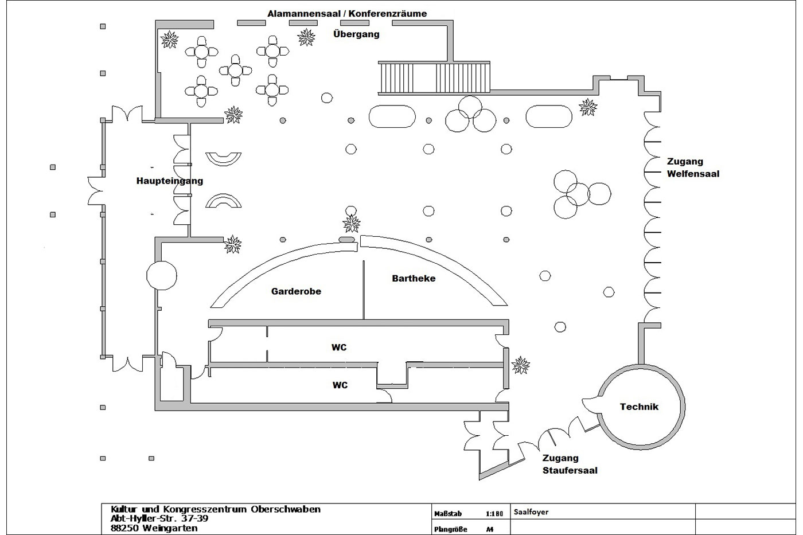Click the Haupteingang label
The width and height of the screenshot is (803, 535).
169,181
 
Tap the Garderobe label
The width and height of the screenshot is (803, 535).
296,291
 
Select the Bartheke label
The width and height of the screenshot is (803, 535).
414,279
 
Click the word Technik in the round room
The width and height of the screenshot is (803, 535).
639,407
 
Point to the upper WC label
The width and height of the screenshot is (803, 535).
339,347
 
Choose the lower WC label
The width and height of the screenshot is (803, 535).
340,385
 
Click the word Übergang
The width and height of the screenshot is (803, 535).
356,34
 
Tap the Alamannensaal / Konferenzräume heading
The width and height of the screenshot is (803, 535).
347,13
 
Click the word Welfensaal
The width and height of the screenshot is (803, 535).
693,174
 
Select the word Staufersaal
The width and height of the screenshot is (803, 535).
570,471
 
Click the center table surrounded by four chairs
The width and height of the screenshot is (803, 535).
236,70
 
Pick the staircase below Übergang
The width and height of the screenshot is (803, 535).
434,77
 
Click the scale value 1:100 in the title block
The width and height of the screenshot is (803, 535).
494,514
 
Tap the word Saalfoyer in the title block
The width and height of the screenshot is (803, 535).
531,512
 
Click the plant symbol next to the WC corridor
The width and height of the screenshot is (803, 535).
521,364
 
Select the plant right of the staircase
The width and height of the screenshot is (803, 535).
588,107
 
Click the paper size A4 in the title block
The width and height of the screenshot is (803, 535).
489,529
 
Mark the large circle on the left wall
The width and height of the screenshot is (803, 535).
162,276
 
